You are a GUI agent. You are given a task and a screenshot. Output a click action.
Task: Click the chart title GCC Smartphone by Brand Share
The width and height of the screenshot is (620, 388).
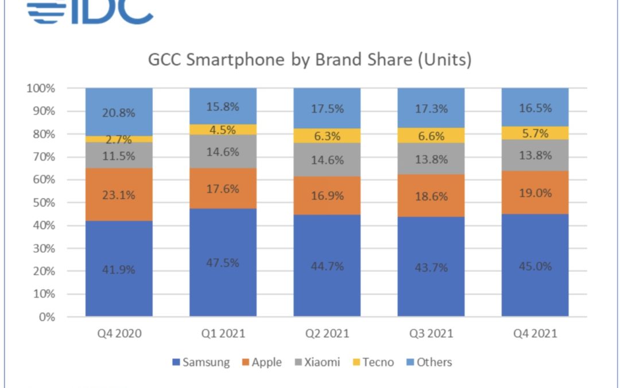click(x=309, y=60)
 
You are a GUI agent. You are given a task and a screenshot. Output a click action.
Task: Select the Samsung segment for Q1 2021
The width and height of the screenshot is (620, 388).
click(x=223, y=263)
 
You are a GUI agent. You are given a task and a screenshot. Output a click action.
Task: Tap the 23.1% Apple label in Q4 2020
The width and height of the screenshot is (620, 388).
click(x=119, y=195)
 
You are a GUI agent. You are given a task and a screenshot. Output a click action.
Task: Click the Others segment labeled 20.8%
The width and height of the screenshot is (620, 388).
click(x=119, y=113)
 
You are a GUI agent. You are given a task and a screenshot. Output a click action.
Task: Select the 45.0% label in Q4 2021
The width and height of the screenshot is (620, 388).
click(x=534, y=266)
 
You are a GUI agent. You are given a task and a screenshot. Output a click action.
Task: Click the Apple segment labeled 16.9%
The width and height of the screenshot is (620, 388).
click(x=327, y=195)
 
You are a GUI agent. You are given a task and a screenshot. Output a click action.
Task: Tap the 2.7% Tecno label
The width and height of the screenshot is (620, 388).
click(x=119, y=140)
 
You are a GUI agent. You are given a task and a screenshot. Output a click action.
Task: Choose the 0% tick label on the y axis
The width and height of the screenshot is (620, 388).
click(x=47, y=317)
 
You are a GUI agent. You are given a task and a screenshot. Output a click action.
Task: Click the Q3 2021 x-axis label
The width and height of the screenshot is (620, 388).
click(x=431, y=333)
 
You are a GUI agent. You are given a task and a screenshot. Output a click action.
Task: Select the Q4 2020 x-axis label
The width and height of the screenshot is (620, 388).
click(x=119, y=333)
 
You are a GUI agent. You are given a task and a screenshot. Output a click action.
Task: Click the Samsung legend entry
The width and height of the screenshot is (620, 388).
click(x=200, y=362)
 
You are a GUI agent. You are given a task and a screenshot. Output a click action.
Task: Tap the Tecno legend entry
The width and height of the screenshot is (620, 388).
click(x=374, y=362)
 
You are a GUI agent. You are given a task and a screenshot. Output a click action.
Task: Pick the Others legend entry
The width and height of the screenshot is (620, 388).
click(x=428, y=362)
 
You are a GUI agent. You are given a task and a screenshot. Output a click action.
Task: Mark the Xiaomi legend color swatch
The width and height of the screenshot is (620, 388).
click(x=297, y=362)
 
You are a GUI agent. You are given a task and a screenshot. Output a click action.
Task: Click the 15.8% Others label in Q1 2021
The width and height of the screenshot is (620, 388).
click(x=223, y=107)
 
